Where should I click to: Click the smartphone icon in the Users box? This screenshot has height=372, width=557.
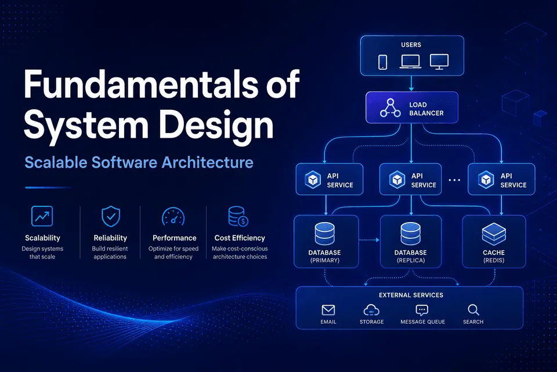coord(382,62)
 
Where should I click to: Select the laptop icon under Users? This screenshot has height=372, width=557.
coord(410,62)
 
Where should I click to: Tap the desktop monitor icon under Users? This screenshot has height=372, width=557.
coord(439,62)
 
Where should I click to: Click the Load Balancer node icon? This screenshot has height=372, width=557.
coord(390,108)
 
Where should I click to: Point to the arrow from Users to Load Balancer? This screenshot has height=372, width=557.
coord(411,83)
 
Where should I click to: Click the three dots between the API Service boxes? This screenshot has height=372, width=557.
coord(454,180)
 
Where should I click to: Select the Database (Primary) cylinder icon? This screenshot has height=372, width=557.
coord(325,234)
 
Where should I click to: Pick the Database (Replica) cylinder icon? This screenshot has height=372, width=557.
coord(411,234)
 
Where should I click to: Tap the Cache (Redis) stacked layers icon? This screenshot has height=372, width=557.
coord(494,234)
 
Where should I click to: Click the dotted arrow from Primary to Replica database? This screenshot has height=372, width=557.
coord(369,240)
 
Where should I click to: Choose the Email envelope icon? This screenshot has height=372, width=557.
coord(328,310)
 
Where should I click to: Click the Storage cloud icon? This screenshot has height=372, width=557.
coord(371,310)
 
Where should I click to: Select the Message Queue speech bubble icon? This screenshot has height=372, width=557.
coord(422,310)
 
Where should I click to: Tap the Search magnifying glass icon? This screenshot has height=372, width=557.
coord(473,310)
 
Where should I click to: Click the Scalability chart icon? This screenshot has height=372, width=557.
coord(42,216)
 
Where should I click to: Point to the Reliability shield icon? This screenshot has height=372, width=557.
coord(111,216)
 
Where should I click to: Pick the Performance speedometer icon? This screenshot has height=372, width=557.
coord(173,217)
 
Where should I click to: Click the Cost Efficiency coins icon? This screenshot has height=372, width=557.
coord(238,216)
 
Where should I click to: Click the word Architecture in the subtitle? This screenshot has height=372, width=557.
coord(208,162)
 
